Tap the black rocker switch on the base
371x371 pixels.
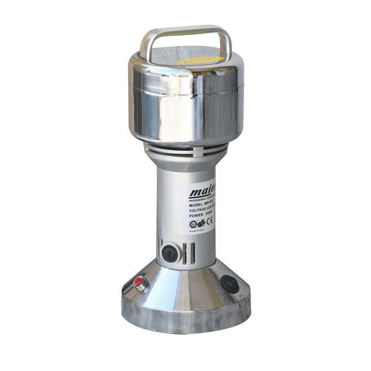click(230, 283)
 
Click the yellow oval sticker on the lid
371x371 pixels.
click(200, 60)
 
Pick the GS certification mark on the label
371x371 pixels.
click(201, 223)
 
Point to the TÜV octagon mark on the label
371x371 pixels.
click(193, 224)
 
